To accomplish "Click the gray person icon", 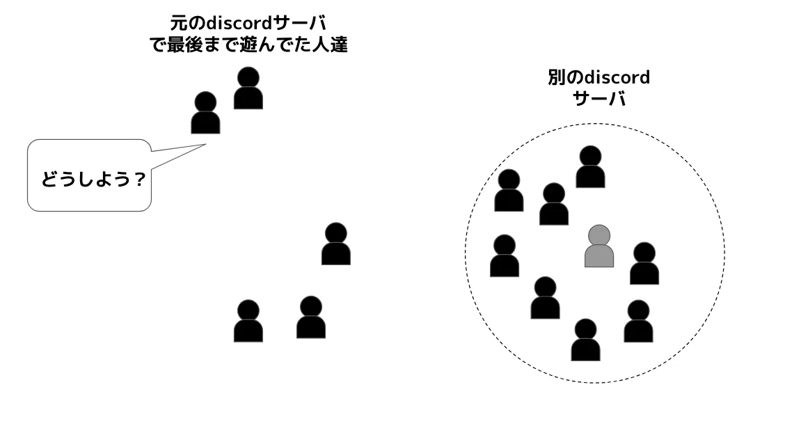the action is pos(599,246).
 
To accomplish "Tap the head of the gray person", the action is pos(599,235).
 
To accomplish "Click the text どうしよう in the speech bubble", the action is pos(86,179).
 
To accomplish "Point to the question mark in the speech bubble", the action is pos(138,179).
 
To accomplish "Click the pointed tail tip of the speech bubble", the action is pos(206,145).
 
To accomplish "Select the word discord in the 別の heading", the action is pos(617,77).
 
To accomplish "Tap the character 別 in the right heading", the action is pos(557,77).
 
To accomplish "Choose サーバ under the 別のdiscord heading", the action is pos(599,99).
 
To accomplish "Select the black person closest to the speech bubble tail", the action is pos(205,113).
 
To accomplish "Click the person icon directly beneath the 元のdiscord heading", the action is pos(248,88).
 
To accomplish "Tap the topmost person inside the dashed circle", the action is pos(590,167).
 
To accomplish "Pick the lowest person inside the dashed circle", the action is pos(585,340).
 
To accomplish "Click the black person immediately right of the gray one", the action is pos(644,263).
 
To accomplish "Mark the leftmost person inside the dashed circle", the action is pos(504,256).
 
